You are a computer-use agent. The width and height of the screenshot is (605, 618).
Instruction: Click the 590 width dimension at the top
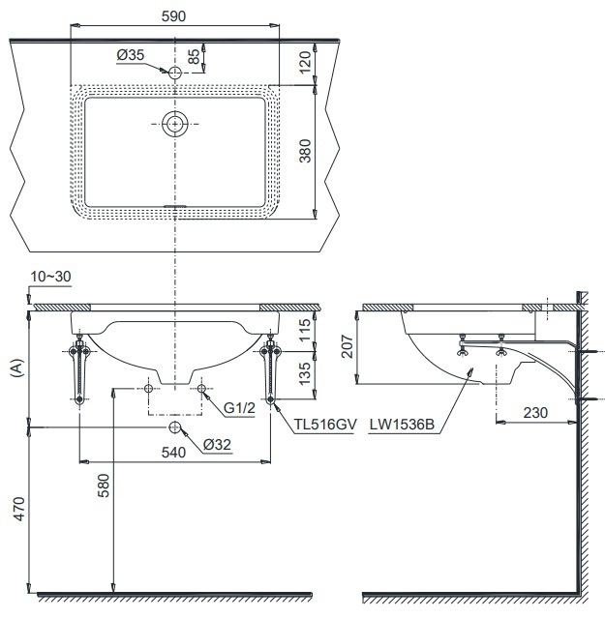click(175, 16)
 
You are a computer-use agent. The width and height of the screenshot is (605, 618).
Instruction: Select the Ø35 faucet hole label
click(130, 56)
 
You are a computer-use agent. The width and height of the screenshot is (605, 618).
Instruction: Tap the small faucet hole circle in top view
click(175, 73)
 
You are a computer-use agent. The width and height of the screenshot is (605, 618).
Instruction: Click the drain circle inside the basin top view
click(175, 124)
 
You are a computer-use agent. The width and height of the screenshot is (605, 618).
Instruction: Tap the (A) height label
click(15, 368)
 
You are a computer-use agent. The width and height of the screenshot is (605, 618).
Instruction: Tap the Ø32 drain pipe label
click(216, 445)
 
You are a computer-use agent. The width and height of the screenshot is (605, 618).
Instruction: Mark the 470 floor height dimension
click(15, 508)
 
